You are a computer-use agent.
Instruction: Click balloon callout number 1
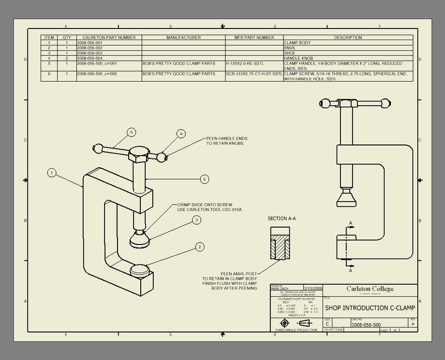point(52,173)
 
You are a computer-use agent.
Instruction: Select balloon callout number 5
point(131,132)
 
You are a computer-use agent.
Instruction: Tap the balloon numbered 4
point(180,133)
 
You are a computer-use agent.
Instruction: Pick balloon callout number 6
point(205,179)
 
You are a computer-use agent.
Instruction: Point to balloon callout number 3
point(196,220)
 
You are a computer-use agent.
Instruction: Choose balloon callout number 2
point(199,247)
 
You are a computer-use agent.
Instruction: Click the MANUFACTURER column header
point(183,37)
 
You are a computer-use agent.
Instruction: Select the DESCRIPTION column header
point(348,37)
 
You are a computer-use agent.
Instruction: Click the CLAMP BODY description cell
point(297,43)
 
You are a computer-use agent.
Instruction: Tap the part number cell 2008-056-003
point(90,53)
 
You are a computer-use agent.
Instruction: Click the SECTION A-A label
point(282,218)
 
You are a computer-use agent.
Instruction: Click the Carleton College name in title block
point(370,289)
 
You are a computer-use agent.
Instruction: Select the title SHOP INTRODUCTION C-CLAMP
point(370,308)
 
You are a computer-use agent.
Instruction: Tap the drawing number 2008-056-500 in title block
point(366,325)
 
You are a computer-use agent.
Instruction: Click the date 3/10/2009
point(312,288)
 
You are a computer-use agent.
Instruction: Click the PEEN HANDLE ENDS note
point(226,141)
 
